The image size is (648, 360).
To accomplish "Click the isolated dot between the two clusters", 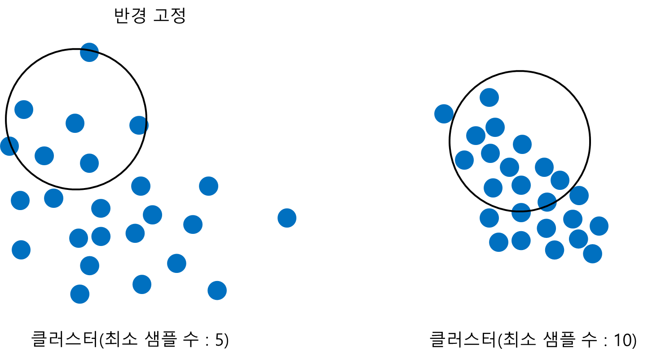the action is click(x=287, y=218).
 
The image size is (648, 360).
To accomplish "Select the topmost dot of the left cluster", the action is click(x=89, y=52).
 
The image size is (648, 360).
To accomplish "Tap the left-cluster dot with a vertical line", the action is click(x=139, y=125).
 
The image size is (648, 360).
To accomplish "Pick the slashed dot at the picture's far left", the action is click(x=9, y=146).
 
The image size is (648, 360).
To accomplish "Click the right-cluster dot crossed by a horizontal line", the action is click(x=521, y=212).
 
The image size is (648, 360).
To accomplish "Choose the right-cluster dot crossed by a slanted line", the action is click(x=547, y=202).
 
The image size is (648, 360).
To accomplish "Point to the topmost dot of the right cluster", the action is click(x=489, y=97).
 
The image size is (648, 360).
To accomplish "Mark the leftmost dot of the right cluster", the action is click(x=444, y=114).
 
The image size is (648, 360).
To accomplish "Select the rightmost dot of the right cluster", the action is click(x=599, y=226).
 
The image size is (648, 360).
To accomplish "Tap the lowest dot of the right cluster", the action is click(x=592, y=254).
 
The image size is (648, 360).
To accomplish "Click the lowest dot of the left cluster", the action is click(x=80, y=294).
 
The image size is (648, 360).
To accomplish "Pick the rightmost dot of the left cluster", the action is click(x=217, y=290).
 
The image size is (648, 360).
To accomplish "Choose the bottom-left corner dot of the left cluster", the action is click(x=21, y=250).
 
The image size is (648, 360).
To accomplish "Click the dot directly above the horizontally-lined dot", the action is click(x=521, y=185).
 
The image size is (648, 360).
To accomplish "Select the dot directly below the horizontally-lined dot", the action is click(x=521, y=241).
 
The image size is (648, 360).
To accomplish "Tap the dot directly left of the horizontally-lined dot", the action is click(x=489, y=218).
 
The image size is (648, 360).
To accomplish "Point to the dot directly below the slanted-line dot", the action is click(x=546, y=228).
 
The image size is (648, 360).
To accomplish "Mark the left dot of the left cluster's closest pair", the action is click(x=79, y=238).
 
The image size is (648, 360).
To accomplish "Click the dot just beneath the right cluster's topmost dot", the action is click(x=495, y=127).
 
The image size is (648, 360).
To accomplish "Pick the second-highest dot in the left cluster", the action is click(x=24, y=110).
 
